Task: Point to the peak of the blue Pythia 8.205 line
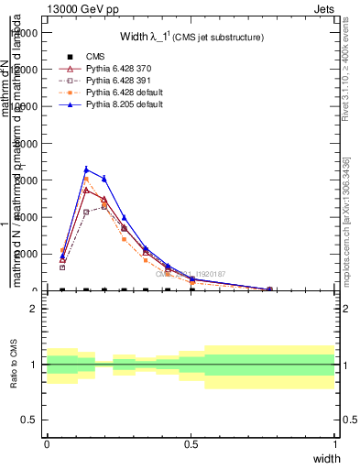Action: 86,169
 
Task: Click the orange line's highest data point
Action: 86,179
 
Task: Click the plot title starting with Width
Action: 192,38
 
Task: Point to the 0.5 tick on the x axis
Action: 191,443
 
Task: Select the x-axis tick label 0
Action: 47,443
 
